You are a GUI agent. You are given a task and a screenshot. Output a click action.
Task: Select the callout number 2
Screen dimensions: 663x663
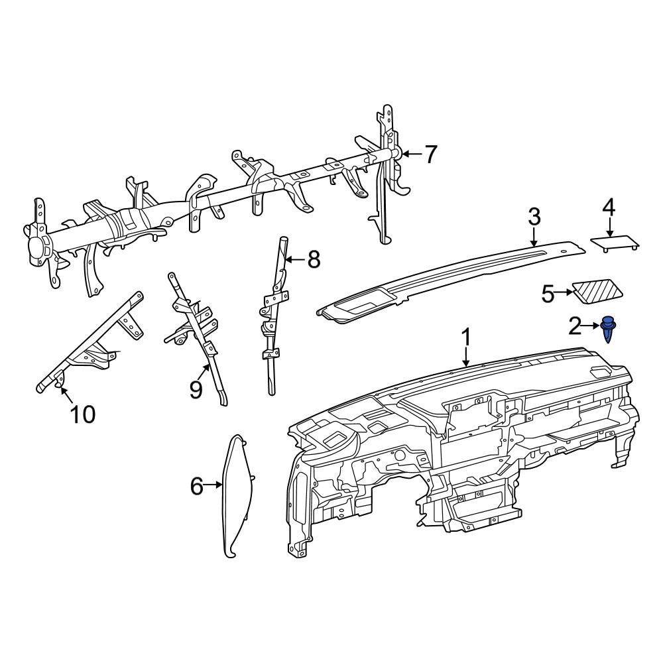point(575,325)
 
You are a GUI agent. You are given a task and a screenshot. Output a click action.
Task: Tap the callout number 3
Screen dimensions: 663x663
point(534,217)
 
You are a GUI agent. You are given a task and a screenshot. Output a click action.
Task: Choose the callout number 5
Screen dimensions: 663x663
point(548,293)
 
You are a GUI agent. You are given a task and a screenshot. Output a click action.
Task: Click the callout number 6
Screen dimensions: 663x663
point(196,486)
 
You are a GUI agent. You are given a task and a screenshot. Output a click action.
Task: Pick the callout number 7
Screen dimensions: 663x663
point(430,154)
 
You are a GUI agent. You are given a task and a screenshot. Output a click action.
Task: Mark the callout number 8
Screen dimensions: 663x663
point(313,260)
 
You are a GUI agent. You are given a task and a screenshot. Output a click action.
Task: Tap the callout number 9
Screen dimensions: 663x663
point(196,390)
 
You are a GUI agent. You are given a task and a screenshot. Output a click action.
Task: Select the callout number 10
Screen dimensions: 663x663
point(83,414)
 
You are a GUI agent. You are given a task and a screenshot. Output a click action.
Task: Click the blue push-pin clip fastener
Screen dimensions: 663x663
point(608,329)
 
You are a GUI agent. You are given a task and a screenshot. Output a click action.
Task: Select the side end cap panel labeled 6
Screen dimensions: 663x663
point(237,494)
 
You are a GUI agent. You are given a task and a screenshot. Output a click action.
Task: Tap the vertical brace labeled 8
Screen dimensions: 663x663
point(273,318)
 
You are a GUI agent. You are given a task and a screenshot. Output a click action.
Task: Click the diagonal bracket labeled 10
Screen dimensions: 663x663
point(93,338)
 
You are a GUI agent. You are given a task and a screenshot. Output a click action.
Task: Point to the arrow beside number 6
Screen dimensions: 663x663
point(213,485)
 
